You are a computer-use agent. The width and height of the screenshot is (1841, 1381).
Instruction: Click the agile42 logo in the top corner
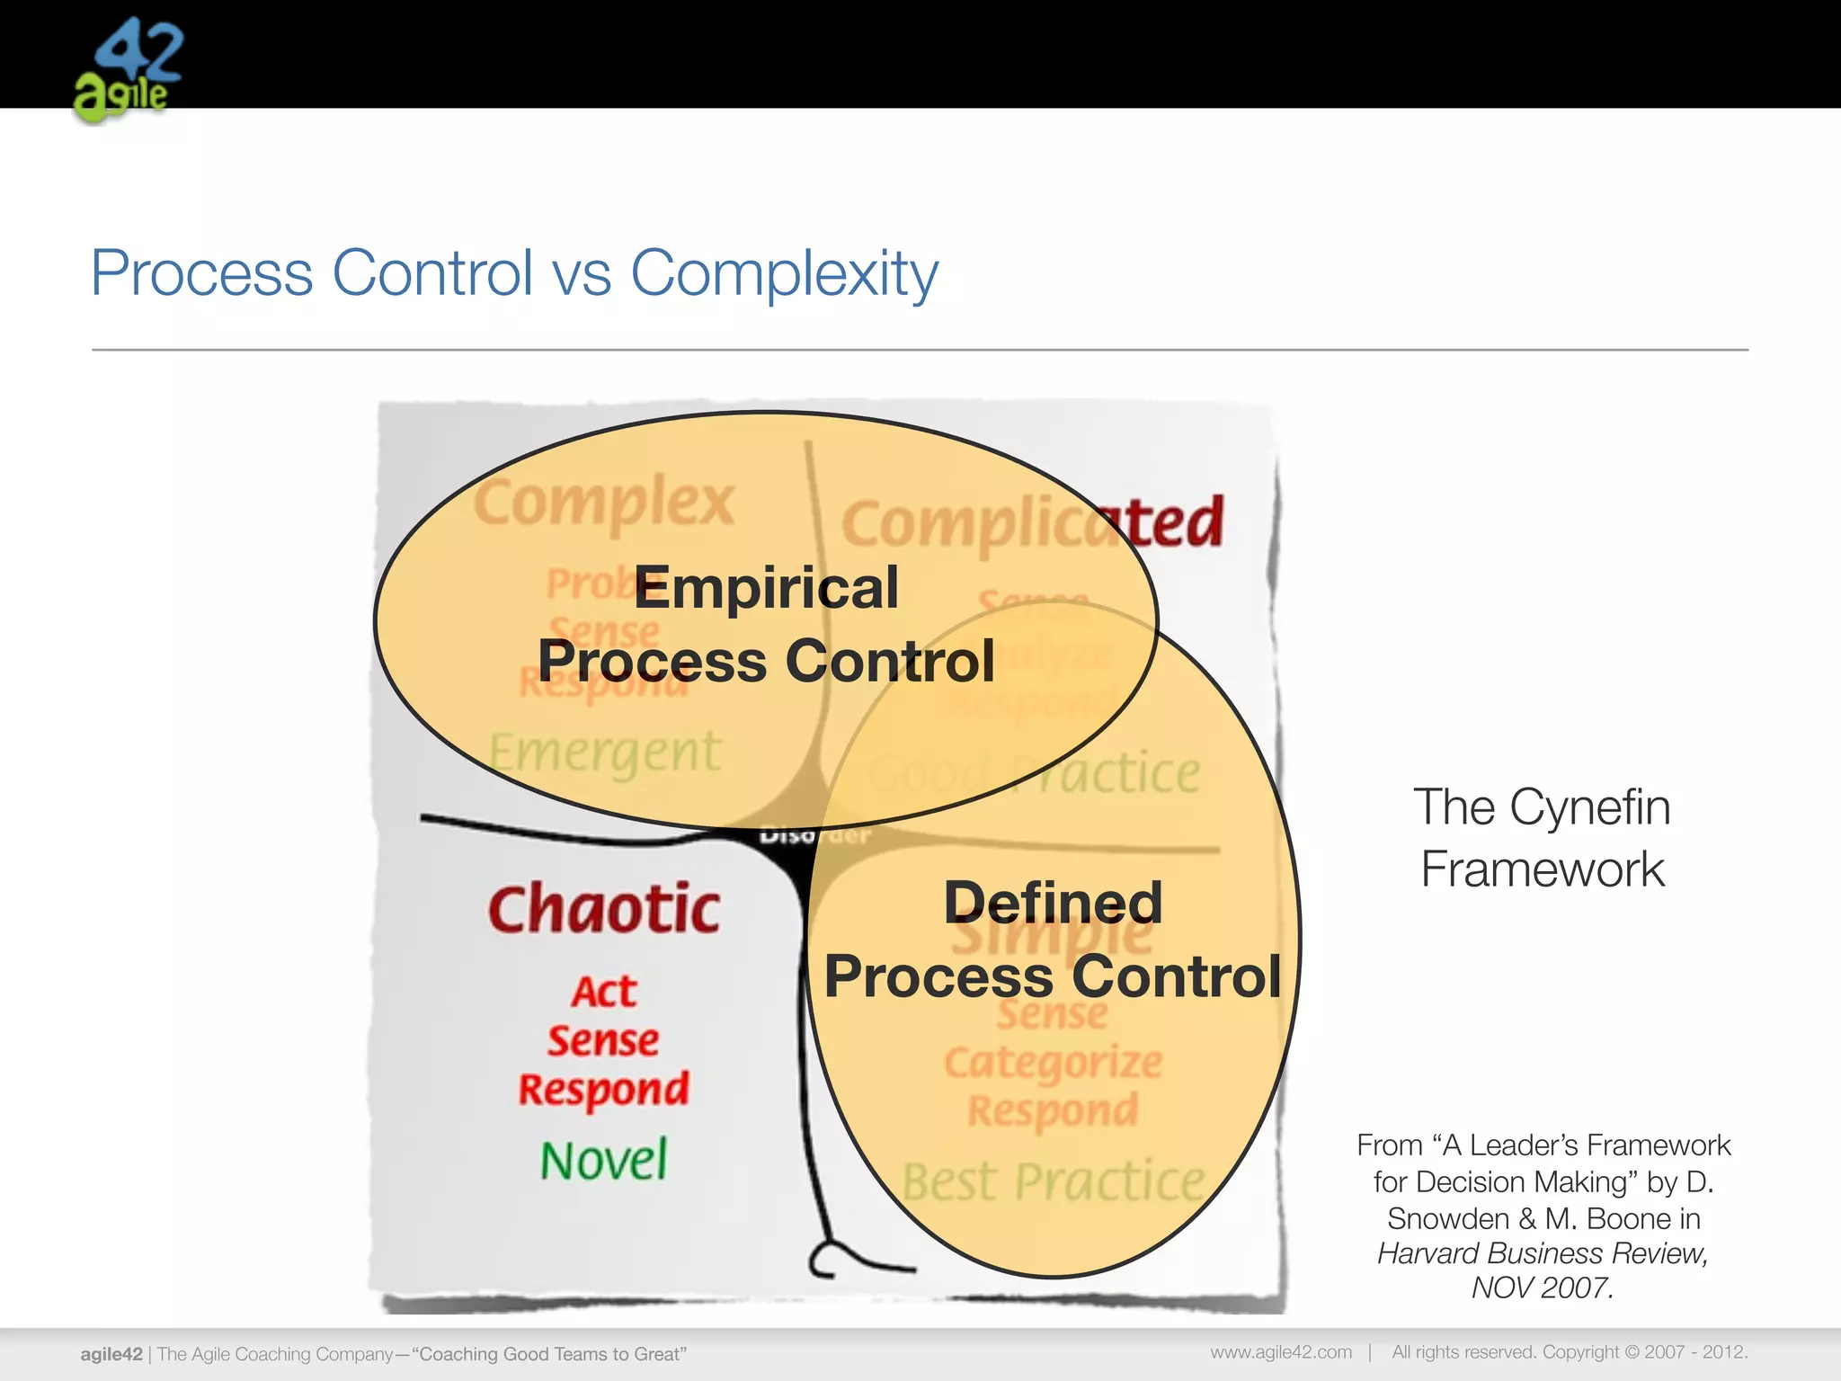(x=128, y=70)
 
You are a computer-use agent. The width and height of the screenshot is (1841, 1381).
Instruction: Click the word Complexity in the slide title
(x=784, y=273)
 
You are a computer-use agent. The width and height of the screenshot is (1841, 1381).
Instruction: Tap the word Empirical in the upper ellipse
(x=766, y=588)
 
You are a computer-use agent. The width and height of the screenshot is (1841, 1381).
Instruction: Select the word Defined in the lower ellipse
(x=1053, y=903)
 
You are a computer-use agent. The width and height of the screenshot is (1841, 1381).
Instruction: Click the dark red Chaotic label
(x=604, y=909)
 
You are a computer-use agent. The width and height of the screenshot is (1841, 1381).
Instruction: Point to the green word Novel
(x=604, y=1160)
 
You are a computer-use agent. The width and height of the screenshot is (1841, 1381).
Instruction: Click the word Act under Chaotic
(x=604, y=993)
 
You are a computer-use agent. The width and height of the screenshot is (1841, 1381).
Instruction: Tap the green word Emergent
(x=604, y=753)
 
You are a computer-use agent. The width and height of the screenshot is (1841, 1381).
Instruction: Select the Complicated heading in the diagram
(x=1032, y=523)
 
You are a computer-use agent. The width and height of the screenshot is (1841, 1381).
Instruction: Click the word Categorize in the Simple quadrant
(x=1053, y=1064)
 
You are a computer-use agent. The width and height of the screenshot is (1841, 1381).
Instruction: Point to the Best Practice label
(x=1053, y=1181)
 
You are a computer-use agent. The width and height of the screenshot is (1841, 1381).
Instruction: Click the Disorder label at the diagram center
(x=814, y=836)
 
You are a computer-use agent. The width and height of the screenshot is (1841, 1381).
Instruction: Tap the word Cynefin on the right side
(x=1589, y=806)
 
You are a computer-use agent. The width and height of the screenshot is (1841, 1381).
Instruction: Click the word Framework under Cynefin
(x=1543, y=869)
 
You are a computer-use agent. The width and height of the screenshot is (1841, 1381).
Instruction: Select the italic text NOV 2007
(x=1543, y=1287)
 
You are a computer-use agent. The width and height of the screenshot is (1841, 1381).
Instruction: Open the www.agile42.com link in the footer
(x=1280, y=1352)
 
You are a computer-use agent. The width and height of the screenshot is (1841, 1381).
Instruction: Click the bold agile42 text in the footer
(x=111, y=1354)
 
